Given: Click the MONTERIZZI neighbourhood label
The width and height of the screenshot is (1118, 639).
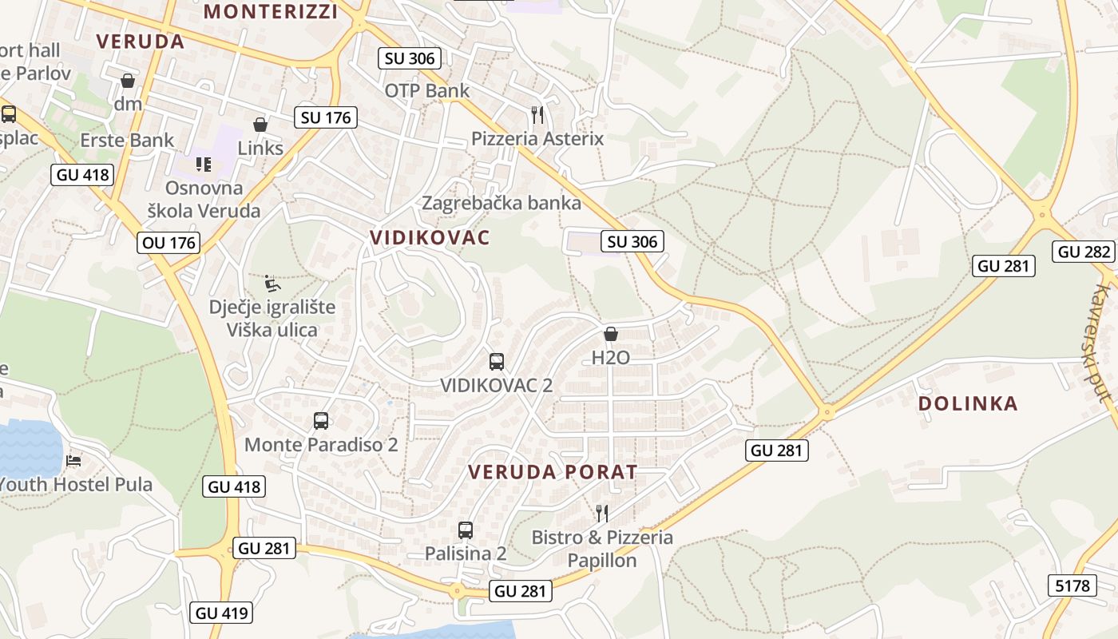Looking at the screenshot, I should click(x=271, y=11).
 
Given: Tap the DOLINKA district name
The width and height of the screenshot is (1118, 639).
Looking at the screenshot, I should click(x=968, y=403).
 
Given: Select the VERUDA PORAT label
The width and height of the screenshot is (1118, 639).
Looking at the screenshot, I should click(x=553, y=471).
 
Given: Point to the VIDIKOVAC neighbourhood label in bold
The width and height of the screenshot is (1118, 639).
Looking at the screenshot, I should click(x=430, y=237).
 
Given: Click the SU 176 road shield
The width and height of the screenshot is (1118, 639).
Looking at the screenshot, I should click(x=325, y=117).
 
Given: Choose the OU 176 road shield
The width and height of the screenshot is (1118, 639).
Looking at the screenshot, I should click(x=168, y=242).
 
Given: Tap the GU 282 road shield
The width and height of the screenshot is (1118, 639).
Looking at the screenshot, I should click(x=1084, y=252).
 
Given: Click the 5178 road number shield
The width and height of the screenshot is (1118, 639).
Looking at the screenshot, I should click(x=1072, y=585).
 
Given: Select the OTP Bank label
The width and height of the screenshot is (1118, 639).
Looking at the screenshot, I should click(x=427, y=90).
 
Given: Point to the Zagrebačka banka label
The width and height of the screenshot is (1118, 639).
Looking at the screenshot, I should click(x=502, y=203).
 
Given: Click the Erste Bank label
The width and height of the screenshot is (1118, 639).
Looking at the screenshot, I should click(x=127, y=141).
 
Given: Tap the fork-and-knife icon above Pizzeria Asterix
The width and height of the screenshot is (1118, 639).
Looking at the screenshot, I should click(x=537, y=115).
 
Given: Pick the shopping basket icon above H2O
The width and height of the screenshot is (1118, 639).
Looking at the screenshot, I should click(x=611, y=334).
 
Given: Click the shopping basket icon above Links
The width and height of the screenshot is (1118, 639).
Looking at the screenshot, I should click(x=260, y=125).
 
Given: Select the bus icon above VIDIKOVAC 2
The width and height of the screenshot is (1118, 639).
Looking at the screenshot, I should click(x=497, y=361).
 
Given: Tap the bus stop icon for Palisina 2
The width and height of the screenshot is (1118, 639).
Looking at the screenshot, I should click(x=466, y=530).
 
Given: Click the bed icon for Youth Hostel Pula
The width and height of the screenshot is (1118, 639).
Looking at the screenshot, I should click(x=73, y=461).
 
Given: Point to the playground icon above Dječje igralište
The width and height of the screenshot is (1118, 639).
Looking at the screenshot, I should click(x=272, y=283).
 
